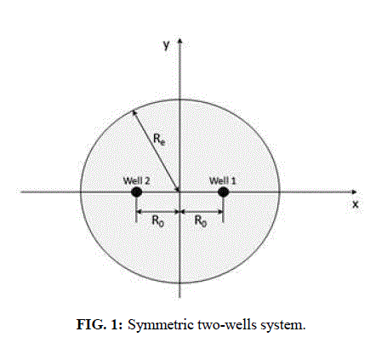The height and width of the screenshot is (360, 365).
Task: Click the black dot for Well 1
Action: coord(223,192)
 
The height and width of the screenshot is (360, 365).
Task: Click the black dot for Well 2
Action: coord(136,192)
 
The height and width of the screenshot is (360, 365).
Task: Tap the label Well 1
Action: coord(222,180)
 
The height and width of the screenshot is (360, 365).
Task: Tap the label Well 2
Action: coord(136,180)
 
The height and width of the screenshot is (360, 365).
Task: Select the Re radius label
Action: coord(159,140)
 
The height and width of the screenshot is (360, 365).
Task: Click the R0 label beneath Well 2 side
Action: coord(157,221)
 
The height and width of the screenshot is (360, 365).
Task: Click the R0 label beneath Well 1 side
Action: coord(201,221)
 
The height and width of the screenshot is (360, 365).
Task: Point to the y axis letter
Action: coord(167,45)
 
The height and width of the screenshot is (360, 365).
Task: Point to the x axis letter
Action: coord(356,204)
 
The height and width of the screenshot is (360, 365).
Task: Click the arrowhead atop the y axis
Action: coord(180,40)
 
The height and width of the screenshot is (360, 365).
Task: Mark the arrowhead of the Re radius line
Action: coord(134,113)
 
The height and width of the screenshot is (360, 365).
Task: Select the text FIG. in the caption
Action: coord(91,324)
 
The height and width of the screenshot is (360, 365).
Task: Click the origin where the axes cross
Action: coord(180,192)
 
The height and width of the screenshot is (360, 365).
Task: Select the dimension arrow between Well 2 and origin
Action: coord(157,212)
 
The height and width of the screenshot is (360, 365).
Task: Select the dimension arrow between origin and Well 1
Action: coord(201,212)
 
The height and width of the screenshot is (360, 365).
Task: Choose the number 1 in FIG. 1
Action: coord(116,324)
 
